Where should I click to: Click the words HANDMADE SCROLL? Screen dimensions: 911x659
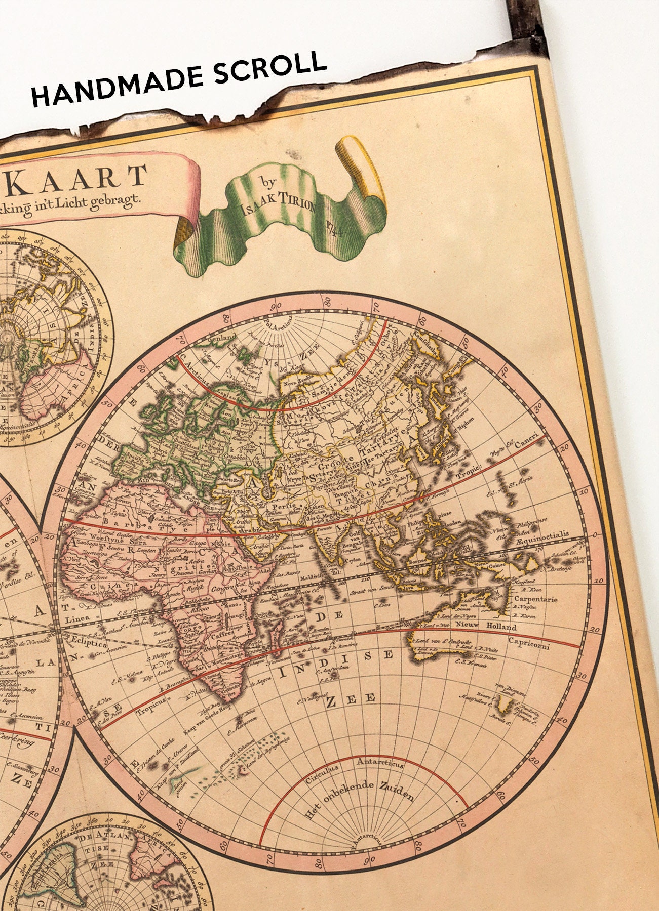178,79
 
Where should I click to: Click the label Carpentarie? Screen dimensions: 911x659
535,599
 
